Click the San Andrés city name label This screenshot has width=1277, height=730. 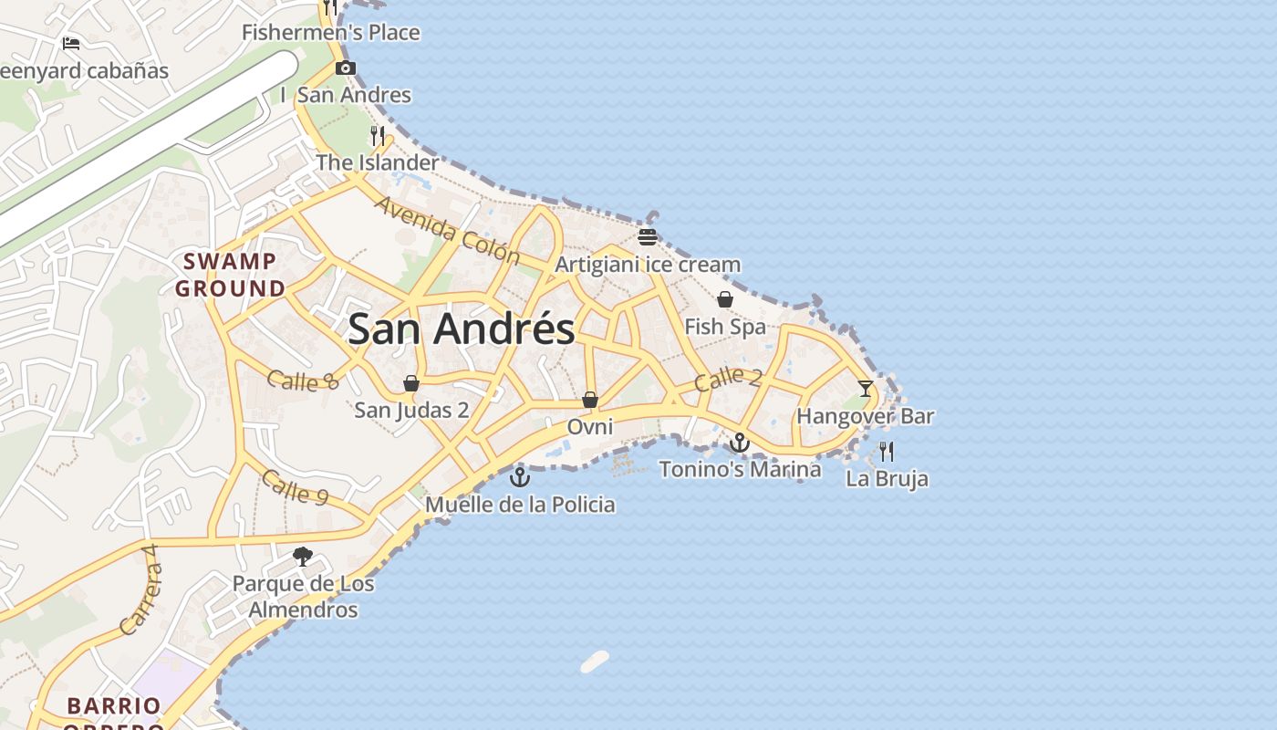coord(461,329)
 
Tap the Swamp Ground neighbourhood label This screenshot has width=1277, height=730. coord(230,275)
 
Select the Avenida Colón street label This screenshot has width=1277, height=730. coord(446,231)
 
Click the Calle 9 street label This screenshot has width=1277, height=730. coord(295,487)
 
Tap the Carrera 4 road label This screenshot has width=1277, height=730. coord(140,590)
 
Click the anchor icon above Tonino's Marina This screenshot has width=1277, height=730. coord(739,443)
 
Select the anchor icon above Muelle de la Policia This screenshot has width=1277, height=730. coord(520,477)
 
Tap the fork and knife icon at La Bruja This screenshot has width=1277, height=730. coord(886,451)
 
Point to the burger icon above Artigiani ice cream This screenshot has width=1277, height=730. coord(648,238)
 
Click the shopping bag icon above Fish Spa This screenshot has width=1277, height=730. coord(725,299)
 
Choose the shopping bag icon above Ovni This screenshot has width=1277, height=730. coord(590,400)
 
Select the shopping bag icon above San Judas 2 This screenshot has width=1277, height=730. coord(411,383)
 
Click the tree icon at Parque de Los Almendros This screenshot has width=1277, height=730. coord(302,557)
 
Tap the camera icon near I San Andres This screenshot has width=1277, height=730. coord(346,68)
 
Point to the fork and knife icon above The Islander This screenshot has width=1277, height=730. coord(377,136)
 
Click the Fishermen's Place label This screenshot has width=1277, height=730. coord(330,33)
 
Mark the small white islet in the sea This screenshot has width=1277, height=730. coord(594,662)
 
